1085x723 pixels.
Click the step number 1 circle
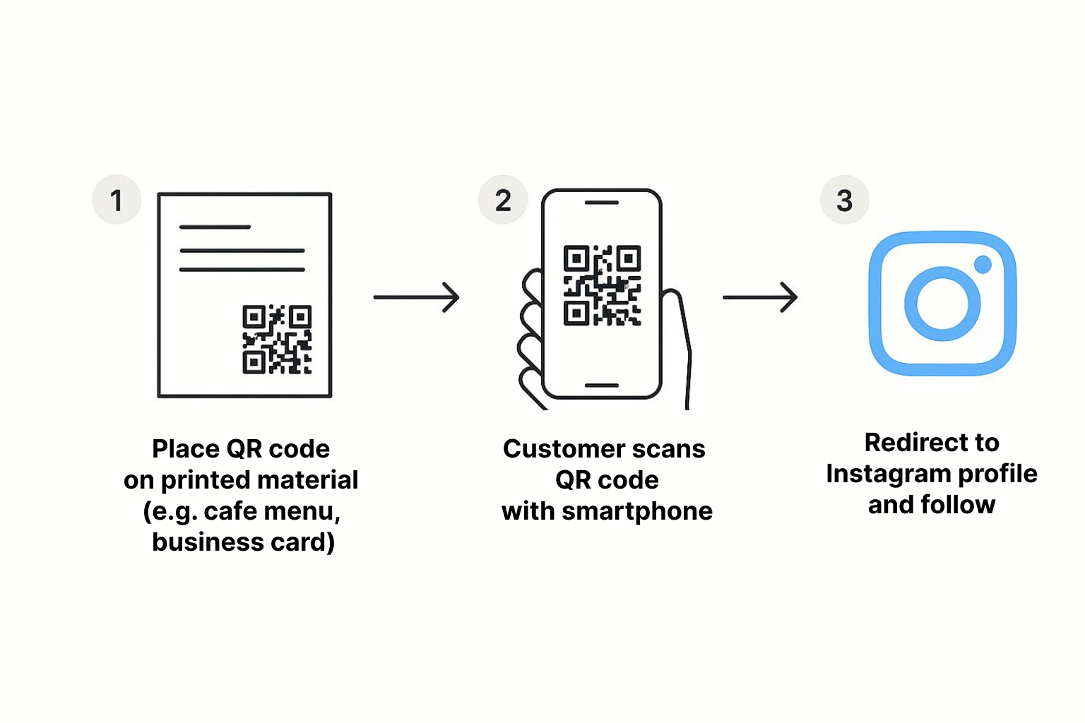[117, 200]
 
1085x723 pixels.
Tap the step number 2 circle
[503, 200]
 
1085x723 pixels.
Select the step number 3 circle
[844, 200]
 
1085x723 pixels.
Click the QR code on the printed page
[277, 340]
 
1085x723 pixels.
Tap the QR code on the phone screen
[602, 285]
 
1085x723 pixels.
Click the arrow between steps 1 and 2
[417, 297]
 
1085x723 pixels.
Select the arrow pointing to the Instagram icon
[760, 297]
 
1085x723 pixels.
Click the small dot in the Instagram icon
[983, 265]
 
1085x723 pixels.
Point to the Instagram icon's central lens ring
[942, 304]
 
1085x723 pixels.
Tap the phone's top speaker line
[602, 203]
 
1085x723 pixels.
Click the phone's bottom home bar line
[602, 386]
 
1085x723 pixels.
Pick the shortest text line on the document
[215, 227]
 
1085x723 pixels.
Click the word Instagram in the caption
[886, 474]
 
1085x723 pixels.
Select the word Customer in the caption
[554, 449]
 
